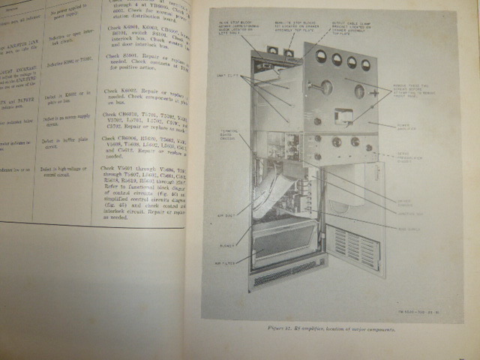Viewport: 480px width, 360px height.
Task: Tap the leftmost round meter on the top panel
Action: click(320, 56)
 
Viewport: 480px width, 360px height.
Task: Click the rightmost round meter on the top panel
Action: click(365, 64)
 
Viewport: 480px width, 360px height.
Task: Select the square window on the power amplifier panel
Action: click(344, 115)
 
